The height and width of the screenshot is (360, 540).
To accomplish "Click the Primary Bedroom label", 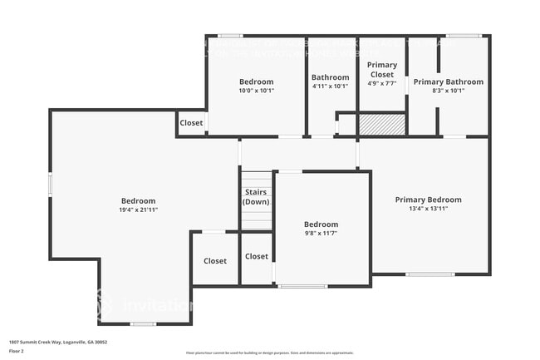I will click(x=428, y=200).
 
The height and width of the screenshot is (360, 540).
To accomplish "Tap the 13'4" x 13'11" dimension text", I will click(x=428, y=209).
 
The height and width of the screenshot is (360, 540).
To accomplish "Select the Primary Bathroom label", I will click(x=448, y=81).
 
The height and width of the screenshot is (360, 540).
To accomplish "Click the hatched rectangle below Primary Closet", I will click(x=388, y=125).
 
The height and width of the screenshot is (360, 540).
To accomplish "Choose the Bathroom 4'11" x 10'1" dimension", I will click(x=330, y=86).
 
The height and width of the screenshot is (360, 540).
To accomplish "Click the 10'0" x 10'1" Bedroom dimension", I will click(x=256, y=91).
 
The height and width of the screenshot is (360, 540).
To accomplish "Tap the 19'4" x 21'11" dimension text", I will click(x=138, y=210).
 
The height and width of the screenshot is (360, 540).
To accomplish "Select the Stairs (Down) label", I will click(x=256, y=198).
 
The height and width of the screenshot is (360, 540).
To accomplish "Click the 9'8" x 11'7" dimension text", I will click(x=321, y=234).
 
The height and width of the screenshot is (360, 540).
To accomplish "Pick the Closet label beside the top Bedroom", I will click(x=191, y=123).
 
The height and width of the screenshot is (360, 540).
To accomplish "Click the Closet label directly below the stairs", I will click(x=257, y=257).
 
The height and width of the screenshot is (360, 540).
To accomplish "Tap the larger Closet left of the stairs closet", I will click(x=215, y=261).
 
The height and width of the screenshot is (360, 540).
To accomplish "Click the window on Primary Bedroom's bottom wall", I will click(x=430, y=274).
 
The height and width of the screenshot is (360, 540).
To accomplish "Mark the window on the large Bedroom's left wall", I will click(x=51, y=185).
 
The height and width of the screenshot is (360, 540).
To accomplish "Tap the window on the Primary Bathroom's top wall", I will click(x=463, y=35).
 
